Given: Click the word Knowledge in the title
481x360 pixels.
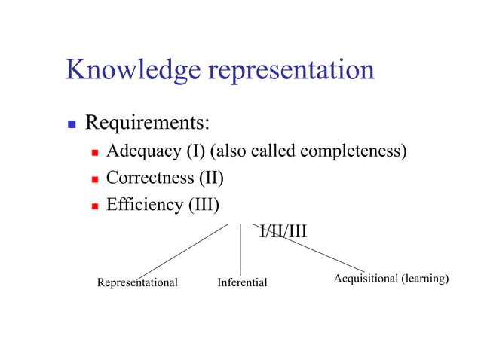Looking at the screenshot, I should click(x=133, y=70).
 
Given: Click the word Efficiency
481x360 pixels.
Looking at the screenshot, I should click(x=145, y=205).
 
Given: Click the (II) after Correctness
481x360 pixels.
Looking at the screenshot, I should click(x=211, y=178).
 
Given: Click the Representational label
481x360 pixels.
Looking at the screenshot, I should click(x=137, y=283).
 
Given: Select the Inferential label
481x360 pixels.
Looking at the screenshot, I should click(x=242, y=283).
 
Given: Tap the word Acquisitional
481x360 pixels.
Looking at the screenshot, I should click(x=365, y=279).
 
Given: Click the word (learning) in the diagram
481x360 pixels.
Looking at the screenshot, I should click(x=425, y=279).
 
